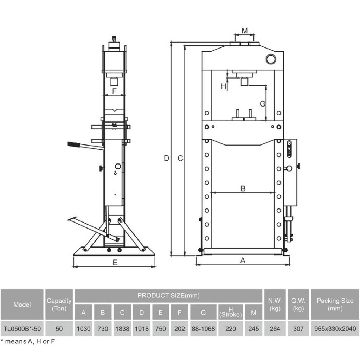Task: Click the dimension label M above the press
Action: coord(245,31)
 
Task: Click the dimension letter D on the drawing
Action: coord(166,158)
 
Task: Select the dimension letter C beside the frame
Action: coord(180,158)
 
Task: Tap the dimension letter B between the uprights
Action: coord(243,188)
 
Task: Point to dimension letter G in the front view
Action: coord(262,104)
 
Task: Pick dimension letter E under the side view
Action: coord(115,262)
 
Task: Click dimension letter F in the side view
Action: coord(114,91)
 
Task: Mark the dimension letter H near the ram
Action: coord(223,86)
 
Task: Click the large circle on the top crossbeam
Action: coord(271,59)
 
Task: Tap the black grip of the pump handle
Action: coord(74,145)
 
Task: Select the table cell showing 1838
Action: coord(122,329)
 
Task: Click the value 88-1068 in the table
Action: coord(203,329)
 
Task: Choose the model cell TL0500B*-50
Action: coord(22,329)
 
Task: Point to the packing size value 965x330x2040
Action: coord(335,329)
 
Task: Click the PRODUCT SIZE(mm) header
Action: coord(168,295)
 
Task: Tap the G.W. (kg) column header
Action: coord(298,304)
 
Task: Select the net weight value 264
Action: coord(275,329)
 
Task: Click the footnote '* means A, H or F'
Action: coord(28,342)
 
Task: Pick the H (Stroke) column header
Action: coord(231,312)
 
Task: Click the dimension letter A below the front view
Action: coord(243,261)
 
